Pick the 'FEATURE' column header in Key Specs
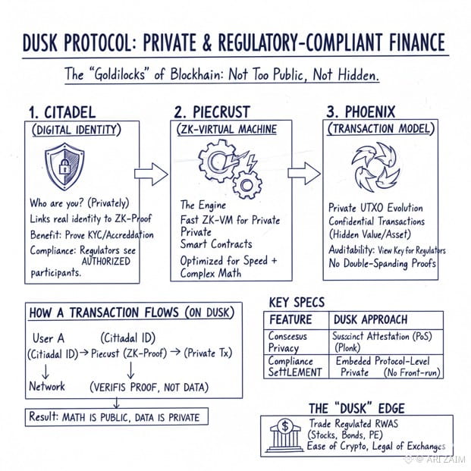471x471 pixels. click(290, 319)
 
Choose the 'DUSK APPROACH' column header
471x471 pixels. click(370, 319)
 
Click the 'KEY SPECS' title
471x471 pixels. click(297, 302)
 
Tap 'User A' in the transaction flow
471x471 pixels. click(49, 338)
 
